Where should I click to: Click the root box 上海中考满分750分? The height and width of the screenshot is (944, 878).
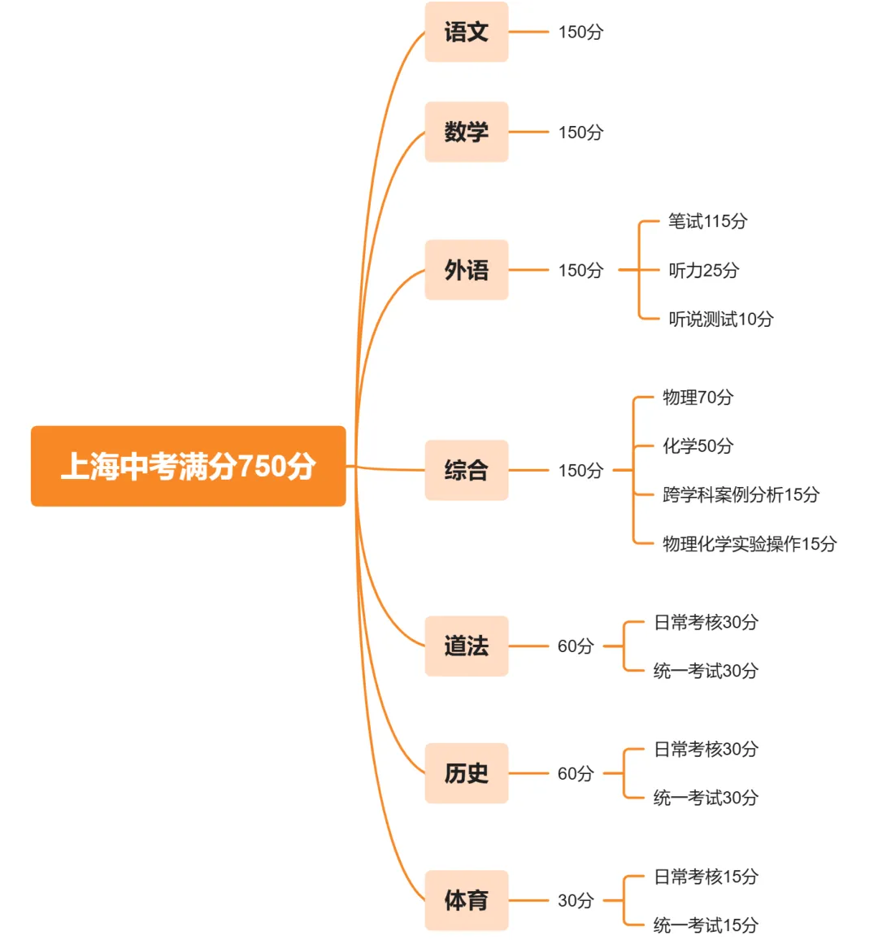tap(188, 466)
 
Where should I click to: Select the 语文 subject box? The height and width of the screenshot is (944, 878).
tap(466, 32)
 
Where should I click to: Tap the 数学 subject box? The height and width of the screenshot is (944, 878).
tap(466, 132)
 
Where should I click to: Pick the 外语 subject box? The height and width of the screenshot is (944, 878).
tap(466, 270)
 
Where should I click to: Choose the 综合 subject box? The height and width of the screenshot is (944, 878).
tap(466, 470)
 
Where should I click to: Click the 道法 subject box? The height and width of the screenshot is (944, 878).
tap(466, 646)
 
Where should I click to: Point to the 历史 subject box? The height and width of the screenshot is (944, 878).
tap(466, 773)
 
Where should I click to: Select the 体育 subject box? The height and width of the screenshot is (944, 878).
tap(466, 900)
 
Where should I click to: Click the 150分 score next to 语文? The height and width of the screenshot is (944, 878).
tap(580, 33)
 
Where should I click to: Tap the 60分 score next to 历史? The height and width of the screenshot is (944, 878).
tap(576, 774)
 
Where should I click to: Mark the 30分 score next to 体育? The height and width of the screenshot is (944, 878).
tap(576, 901)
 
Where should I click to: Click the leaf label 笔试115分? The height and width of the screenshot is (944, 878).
tap(707, 221)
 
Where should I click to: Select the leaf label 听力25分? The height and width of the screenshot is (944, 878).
tap(703, 271)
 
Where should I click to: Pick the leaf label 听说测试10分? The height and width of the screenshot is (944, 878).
tap(720, 320)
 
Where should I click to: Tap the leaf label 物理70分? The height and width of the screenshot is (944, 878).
tap(698, 398)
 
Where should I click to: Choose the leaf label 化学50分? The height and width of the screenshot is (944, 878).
tap(698, 446)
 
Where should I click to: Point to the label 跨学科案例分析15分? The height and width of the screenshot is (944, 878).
tap(741, 495)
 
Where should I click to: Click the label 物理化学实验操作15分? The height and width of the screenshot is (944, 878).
tap(749, 544)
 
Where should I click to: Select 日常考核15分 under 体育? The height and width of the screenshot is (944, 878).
tap(706, 877)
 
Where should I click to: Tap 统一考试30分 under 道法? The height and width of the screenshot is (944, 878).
tap(706, 671)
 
